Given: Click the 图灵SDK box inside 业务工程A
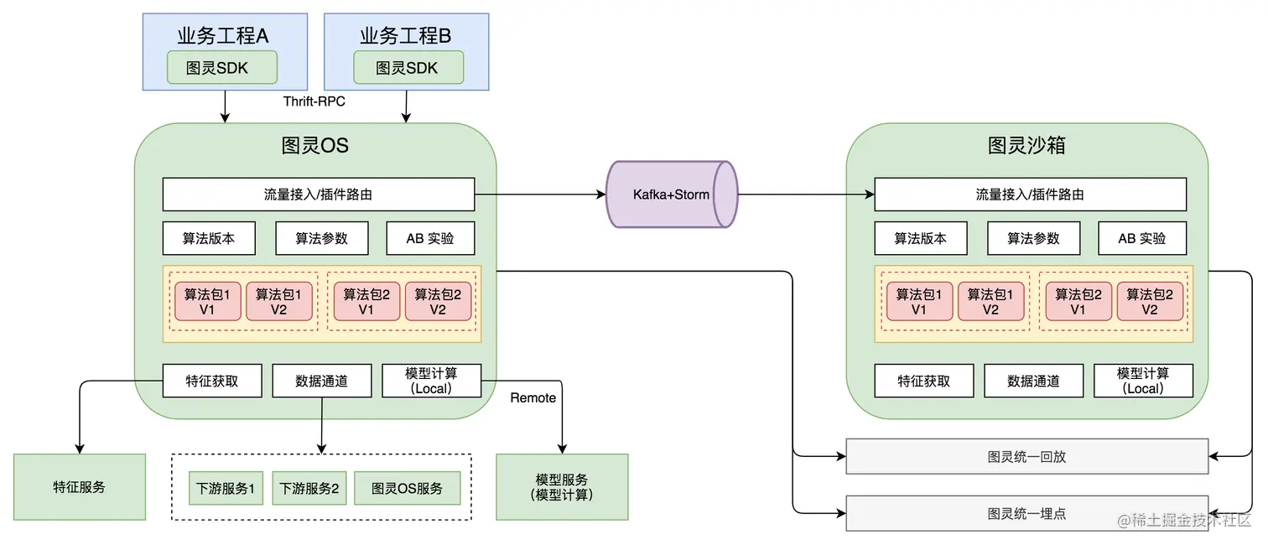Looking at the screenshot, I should [221, 68].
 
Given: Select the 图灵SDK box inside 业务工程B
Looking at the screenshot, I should [408, 68].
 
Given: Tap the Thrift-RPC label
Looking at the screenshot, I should [314, 101].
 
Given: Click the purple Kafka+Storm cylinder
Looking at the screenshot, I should [671, 195].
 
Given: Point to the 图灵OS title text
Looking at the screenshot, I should [314, 146].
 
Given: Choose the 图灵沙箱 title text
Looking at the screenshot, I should [1026, 146].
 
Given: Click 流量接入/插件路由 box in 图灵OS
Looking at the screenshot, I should [318, 195].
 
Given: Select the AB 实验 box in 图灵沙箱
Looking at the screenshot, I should [1142, 238].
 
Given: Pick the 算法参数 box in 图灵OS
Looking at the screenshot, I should [321, 238].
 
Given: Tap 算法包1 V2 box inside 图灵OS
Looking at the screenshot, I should [279, 302].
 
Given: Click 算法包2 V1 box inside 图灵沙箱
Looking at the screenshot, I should [1078, 302].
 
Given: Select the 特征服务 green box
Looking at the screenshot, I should [80, 487].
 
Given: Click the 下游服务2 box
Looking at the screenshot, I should [309, 488].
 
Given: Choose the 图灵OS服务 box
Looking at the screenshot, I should [407, 488].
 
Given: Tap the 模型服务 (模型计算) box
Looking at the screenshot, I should [562, 487].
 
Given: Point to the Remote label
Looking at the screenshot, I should [533, 397].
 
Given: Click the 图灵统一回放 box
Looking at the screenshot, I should [1026, 457].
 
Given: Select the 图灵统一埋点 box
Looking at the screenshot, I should [1026, 513].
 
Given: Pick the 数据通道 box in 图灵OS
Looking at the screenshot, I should [321, 381].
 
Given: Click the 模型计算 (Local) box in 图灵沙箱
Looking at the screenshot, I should [1142, 381].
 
